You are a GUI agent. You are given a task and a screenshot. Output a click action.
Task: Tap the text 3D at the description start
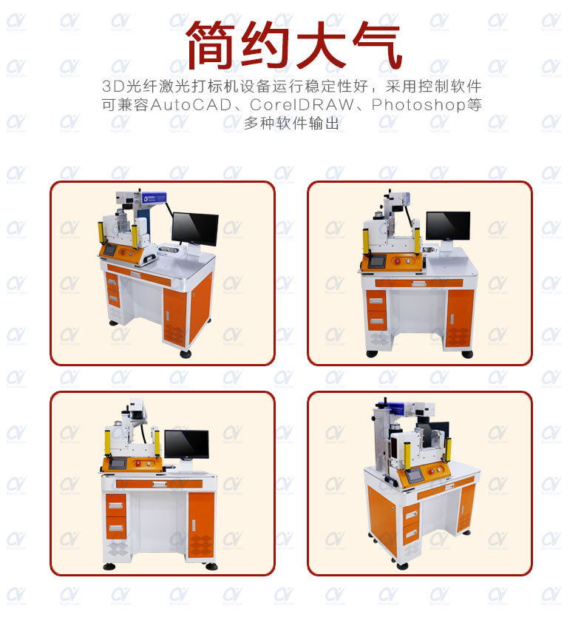click(111, 86)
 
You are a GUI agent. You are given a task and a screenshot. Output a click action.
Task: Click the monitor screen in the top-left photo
click(194, 229)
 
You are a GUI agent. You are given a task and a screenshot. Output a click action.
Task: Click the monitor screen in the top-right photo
click(447, 225)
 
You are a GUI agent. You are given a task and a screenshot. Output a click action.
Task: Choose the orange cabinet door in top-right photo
click(459, 318)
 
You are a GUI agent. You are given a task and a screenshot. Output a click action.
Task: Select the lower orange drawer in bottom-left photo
click(115, 528)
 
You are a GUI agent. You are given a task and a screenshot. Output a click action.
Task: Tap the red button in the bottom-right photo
click(437, 471)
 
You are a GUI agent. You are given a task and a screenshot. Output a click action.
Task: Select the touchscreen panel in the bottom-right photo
click(415, 476)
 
